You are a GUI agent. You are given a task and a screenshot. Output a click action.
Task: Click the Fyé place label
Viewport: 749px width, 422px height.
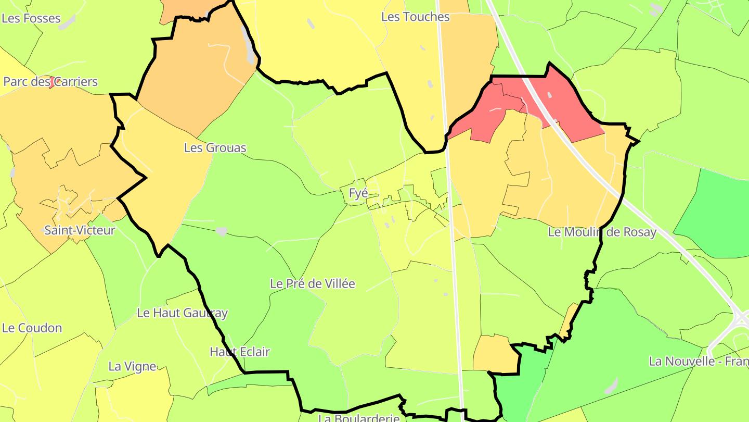pos(358,193)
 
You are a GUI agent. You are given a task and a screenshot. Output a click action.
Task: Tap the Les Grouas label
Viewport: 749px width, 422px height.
pos(215,148)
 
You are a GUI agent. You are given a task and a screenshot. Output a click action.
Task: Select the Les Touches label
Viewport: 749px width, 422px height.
pos(415,17)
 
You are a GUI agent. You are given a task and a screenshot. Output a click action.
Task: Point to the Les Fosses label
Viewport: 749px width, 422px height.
pos(31,18)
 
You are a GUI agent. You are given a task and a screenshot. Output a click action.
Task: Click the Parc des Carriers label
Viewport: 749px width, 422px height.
pos(50,82)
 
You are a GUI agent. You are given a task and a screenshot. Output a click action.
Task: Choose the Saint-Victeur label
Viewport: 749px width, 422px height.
pos(80,230)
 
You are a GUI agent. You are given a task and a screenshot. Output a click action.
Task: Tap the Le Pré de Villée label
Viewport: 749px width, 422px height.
pos(312,284)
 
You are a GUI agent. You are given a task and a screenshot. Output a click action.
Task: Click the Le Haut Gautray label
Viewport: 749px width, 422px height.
pos(182,313)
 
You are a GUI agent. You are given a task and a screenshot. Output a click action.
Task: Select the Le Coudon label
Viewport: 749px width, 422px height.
pos(32,328)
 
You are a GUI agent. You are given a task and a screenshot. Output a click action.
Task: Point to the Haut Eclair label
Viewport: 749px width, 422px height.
pos(240,352)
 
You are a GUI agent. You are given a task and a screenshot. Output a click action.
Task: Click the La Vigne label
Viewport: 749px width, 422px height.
pos(132,367)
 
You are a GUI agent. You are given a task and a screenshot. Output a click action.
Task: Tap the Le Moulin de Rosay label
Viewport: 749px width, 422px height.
pos(602,232)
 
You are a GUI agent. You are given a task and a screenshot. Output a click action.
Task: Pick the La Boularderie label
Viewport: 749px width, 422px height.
pos(358,417)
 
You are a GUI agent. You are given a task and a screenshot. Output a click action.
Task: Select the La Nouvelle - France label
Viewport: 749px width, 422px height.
pos(698,361)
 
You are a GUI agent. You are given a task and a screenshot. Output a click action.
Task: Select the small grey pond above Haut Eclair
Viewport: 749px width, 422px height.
pos(222,231)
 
